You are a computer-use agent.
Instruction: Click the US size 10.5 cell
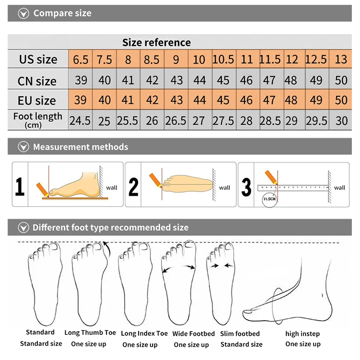tap(223, 59)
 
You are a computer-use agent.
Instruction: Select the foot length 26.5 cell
tap(176, 121)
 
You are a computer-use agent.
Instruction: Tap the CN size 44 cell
tap(199, 81)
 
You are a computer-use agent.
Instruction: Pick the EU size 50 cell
tap(341, 100)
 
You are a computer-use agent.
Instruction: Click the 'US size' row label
tap(38, 59)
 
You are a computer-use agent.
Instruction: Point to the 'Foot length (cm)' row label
tap(38, 120)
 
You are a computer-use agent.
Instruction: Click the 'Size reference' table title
tap(157, 43)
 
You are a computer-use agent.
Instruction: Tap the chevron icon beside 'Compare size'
tap(23, 13)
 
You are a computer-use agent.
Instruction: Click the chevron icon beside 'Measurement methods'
tap(23, 147)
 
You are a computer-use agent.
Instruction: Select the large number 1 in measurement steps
tap(20, 186)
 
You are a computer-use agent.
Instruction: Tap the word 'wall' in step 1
tap(112, 187)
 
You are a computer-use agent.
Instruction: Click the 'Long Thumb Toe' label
tap(90, 333)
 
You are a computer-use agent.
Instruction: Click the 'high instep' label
tap(303, 334)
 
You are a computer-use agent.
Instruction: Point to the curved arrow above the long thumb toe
tap(106, 245)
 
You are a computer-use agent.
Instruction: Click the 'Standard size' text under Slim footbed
tap(241, 344)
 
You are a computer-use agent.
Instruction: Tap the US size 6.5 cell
tap(81, 59)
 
